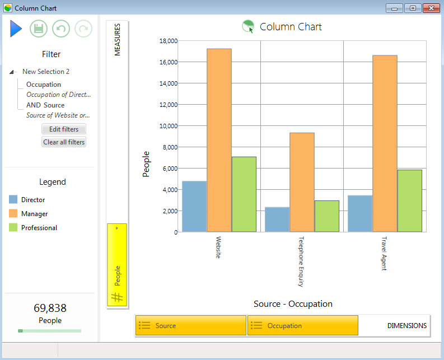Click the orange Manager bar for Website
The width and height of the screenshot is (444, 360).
click(219, 140)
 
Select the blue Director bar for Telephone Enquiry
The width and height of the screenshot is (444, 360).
click(277, 219)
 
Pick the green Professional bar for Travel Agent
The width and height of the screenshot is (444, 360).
click(410, 201)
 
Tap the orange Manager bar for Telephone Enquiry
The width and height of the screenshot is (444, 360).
click(302, 183)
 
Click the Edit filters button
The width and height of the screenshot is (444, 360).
click(64, 129)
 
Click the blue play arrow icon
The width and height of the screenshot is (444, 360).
click(16, 29)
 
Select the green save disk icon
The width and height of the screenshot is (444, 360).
click(39, 29)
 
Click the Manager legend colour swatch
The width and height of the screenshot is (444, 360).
click(13, 213)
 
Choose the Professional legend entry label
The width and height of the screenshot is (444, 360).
click(39, 228)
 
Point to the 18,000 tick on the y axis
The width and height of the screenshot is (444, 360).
click(169, 41)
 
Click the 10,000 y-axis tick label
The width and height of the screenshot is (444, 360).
click(169, 126)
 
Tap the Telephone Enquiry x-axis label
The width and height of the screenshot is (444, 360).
click(301, 261)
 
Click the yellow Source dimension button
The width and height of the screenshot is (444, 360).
click(191, 325)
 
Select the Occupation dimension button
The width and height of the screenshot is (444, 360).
click(303, 325)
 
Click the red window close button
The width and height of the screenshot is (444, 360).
click(431, 8)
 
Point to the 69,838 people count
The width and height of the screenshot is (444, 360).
click(50, 308)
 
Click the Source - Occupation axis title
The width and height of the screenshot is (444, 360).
click(293, 304)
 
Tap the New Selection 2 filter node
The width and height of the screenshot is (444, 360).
click(46, 72)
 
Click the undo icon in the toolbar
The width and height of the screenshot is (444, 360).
click(61, 29)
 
